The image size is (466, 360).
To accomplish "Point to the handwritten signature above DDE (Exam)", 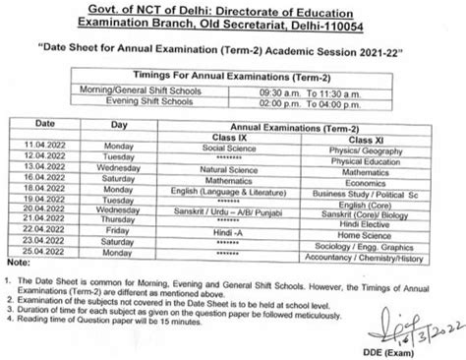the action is pyautogui.click(x=404, y=318).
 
